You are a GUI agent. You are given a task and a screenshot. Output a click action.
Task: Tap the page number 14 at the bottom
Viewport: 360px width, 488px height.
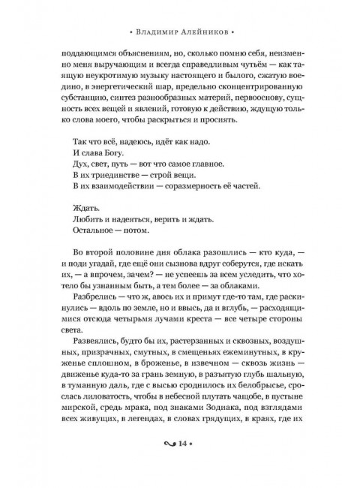click(180, 464)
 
